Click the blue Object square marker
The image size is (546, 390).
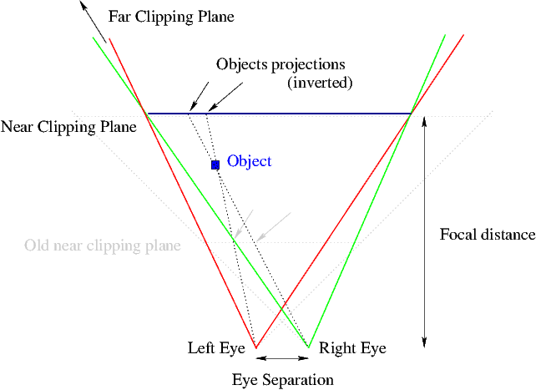(x=215, y=165)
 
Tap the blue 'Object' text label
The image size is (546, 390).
(x=249, y=161)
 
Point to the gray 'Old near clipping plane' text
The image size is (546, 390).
(x=103, y=246)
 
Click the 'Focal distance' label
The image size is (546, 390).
(x=487, y=235)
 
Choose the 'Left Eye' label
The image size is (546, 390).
(x=215, y=348)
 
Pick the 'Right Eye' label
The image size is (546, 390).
(x=352, y=348)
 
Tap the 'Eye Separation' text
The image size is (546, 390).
(x=282, y=380)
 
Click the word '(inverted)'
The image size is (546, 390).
(x=320, y=83)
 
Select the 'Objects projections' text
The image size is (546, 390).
(x=280, y=64)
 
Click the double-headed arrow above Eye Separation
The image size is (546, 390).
(x=282, y=359)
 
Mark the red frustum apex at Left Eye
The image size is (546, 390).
(x=255, y=347)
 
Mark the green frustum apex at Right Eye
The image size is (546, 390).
(x=309, y=347)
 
